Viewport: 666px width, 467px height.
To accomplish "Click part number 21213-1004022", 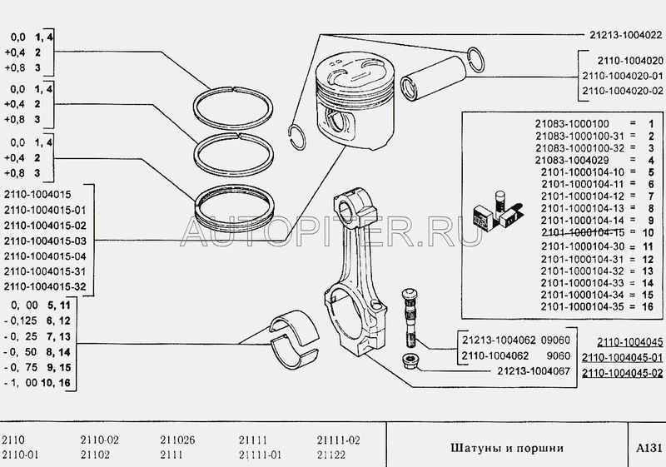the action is (x=626, y=35).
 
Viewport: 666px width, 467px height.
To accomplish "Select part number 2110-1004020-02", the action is (x=622, y=91).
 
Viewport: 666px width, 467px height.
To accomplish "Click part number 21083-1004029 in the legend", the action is (x=572, y=160).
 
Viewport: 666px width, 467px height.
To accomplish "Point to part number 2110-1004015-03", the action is (x=45, y=241).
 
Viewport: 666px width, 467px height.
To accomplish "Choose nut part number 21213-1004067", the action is (x=534, y=371).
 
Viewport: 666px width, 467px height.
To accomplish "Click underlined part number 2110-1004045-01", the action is (x=622, y=357).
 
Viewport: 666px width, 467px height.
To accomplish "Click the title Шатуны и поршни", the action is (x=507, y=448).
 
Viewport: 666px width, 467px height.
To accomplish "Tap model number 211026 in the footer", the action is (x=177, y=440).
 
